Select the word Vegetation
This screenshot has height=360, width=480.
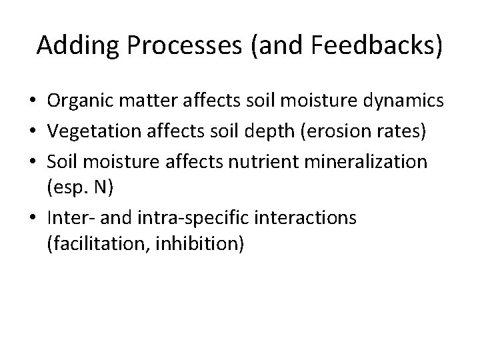89,131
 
